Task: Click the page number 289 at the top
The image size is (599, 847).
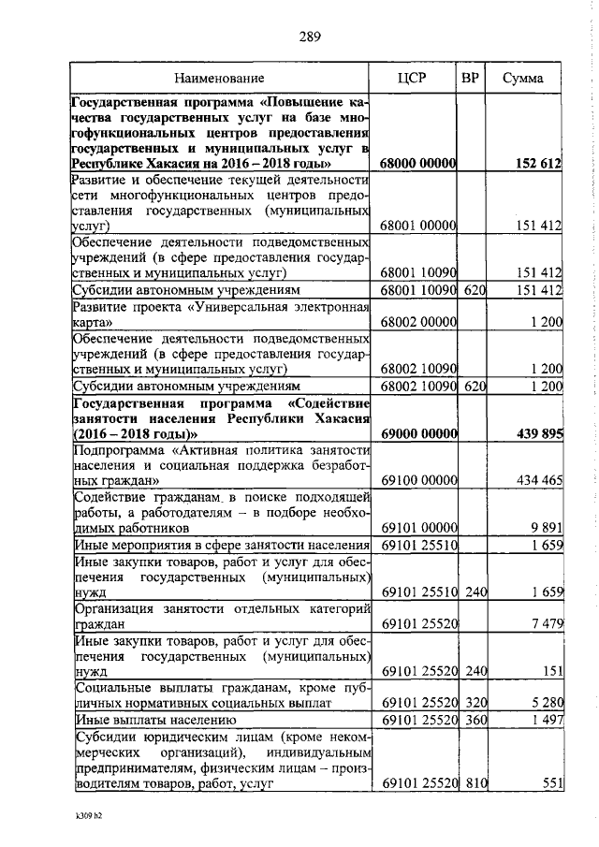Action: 310,37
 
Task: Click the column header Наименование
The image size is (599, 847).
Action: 221,78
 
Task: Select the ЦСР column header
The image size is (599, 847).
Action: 412,78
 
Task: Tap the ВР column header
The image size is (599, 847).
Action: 471,78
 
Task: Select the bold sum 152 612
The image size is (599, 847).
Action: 538,163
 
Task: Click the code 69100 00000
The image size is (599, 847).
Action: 418,480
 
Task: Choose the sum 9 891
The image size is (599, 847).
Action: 545,527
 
